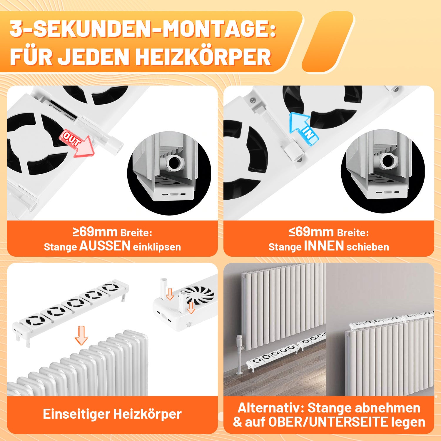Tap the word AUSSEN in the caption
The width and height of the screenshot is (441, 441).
pyautogui.click(x=105, y=246)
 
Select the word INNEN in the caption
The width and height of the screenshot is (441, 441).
pyautogui.click(x=324, y=246)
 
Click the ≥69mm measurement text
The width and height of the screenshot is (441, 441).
pyautogui.click(x=95, y=232)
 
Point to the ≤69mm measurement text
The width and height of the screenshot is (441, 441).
pyautogui.click(x=311, y=232)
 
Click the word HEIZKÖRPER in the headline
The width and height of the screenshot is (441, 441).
pyautogui.click(x=203, y=57)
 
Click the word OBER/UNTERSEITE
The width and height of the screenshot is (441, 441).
pyautogui.click(x=328, y=422)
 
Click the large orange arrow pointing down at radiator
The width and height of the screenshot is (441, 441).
pyautogui.click(x=81, y=335)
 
